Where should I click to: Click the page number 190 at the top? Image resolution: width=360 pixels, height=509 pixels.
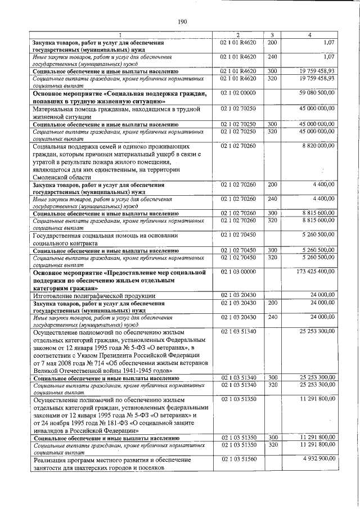[x=182, y=22]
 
